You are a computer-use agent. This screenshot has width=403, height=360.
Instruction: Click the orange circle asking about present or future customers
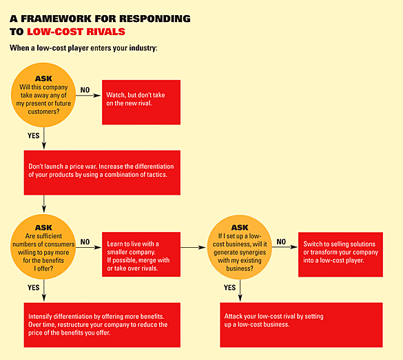point(43,94)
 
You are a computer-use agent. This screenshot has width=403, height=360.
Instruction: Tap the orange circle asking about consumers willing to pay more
point(43,247)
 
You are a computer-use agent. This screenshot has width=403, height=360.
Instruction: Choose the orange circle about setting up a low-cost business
point(240,246)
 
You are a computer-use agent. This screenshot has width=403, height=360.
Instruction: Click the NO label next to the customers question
point(85,90)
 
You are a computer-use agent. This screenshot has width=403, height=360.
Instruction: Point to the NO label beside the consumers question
point(85,242)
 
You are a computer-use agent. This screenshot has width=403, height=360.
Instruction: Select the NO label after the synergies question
point(281,242)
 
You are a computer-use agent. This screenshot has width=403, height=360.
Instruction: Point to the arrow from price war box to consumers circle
point(43,204)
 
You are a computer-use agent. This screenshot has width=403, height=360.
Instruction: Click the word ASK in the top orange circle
point(43,78)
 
